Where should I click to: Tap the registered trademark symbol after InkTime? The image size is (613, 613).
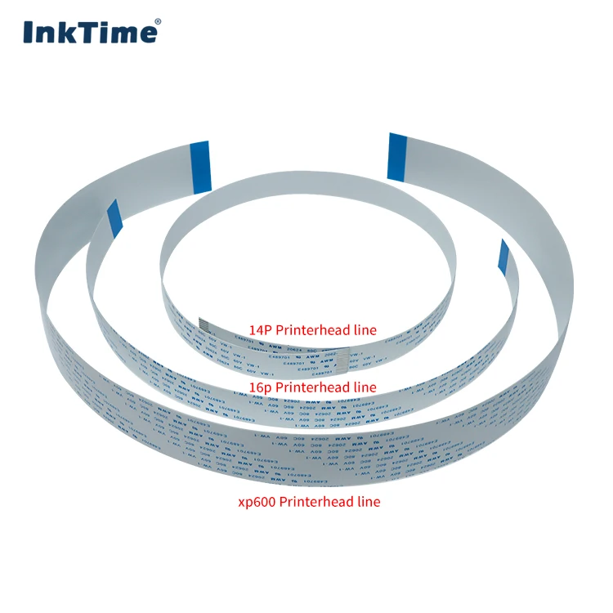[x=158, y=22]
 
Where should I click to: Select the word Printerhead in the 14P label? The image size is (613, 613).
[x=314, y=330]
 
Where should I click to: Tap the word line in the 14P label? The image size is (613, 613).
[x=365, y=330]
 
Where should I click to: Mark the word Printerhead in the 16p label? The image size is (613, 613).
[x=314, y=387]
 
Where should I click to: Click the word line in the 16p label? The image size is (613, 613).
[x=365, y=387]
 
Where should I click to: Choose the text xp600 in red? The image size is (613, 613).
[x=255, y=501]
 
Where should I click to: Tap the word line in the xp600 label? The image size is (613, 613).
[x=369, y=501]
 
